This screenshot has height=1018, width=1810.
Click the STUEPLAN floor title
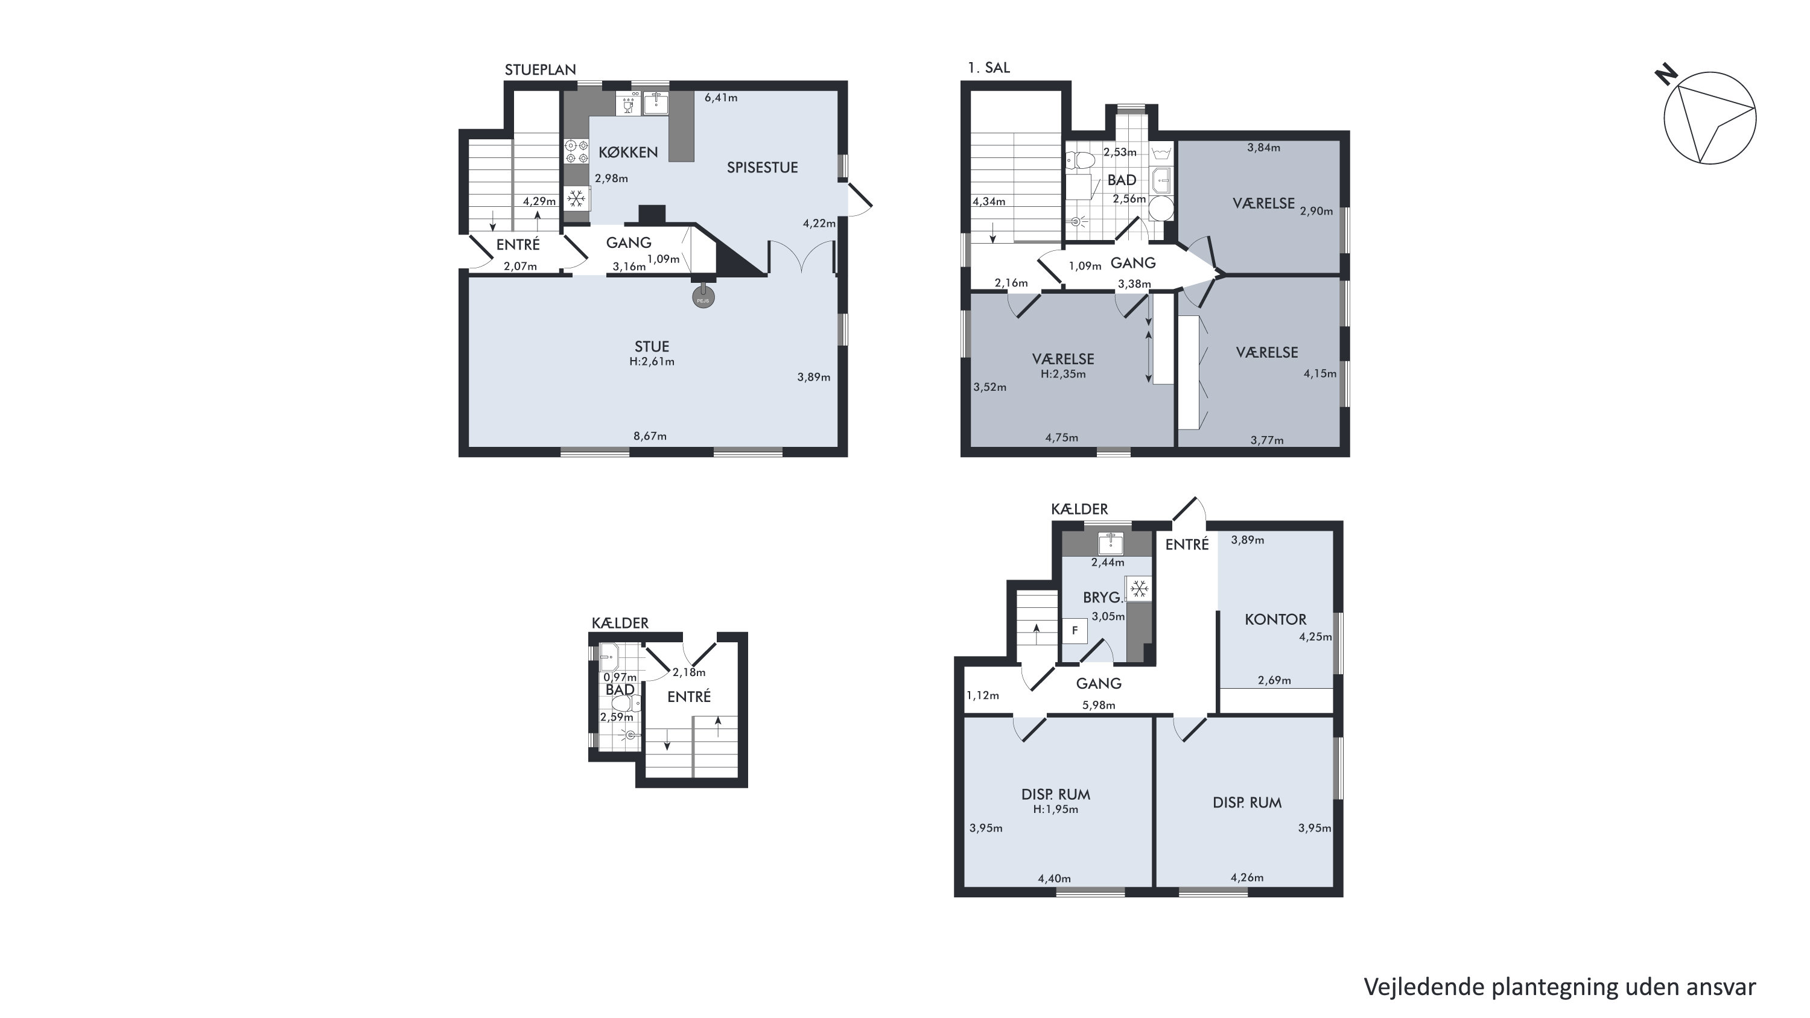pyautogui.click(x=541, y=69)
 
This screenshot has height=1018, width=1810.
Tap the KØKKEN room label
pyautogui.click(x=628, y=153)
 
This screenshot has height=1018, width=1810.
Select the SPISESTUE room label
pyautogui.click(x=763, y=167)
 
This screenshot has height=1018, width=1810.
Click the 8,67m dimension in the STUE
pyautogui.click(x=650, y=435)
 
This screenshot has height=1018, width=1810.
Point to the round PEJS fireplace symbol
pyautogui.click(x=703, y=298)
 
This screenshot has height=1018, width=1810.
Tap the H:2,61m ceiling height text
pyautogui.click(x=652, y=362)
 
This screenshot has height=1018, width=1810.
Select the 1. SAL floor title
pyautogui.click(x=989, y=68)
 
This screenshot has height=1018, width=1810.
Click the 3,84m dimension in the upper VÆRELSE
pyautogui.click(x=1263, y=148)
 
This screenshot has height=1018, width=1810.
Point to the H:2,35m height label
pyautogui.click(x=1063, y=374)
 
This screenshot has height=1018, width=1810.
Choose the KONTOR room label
pyautogui.click(x=1275, y=619)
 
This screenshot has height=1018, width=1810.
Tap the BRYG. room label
pyautogui.click(x=1102, y=597)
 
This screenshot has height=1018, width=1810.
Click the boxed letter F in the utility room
pyautogui.click(x=1075, y=630)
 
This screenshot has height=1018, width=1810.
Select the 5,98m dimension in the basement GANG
pyautogui.click(x=1098, y=704)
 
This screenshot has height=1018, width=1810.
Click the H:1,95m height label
pyautogui.click(x=1055, y=809)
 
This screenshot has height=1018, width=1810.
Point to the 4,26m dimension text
pyautogui.click(x=1246, y=877)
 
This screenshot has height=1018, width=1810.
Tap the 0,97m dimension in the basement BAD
pyautogui.click(x=620, y=677)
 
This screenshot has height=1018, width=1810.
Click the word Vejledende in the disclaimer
pyautogui.click(x=1423, y=987)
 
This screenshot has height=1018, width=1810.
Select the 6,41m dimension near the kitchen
pyautogui.click(x=721, y=98)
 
